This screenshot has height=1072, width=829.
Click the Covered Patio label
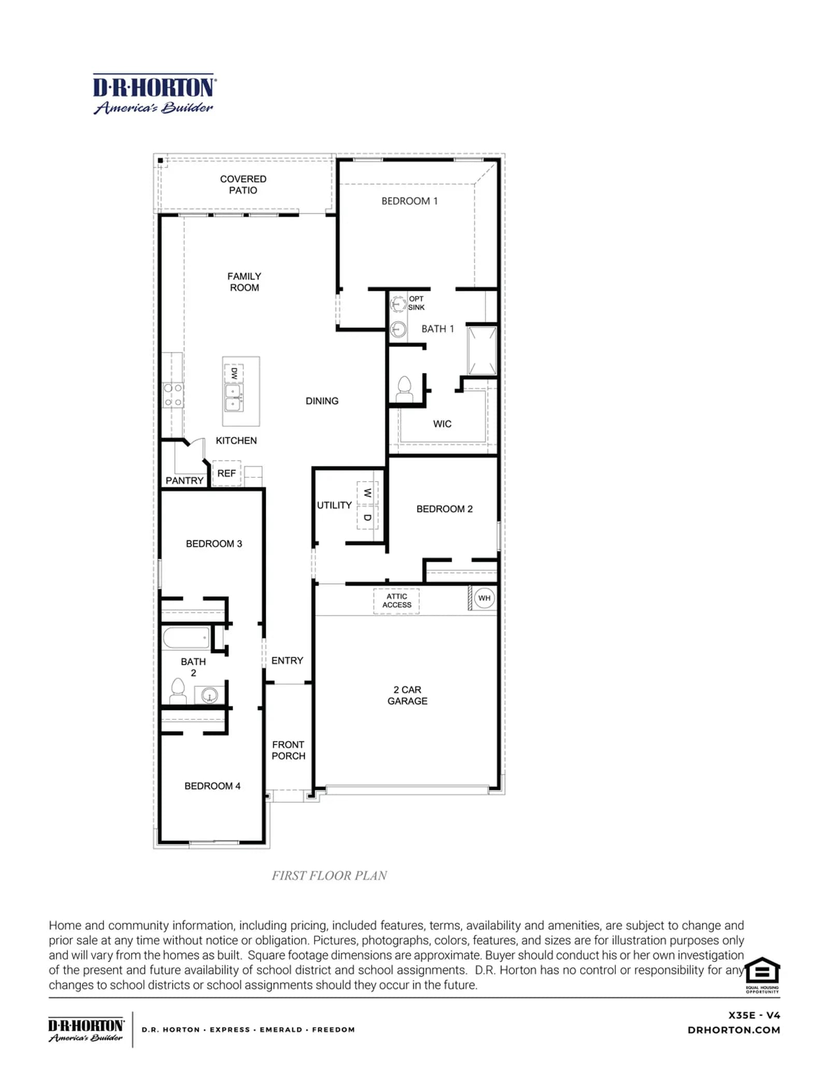[x=243, y=184]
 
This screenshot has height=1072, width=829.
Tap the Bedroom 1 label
[x=409, y=201]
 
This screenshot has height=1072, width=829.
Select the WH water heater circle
[x=484, y=598]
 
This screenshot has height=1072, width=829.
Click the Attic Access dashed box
[x=396, y=601]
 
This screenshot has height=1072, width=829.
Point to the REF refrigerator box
[x=226, y=473]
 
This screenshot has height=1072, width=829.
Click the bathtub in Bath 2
[x=187, y=638]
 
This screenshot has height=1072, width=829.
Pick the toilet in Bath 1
[x=404, y=389]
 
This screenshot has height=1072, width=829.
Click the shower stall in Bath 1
[x=482, y=350]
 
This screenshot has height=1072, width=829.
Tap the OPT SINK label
[x=416, y=303]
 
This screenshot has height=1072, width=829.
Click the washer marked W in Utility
[x=367, y=492]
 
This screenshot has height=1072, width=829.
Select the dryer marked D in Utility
[x=367, y=517]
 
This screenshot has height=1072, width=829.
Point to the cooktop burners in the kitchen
[x=173, y=395]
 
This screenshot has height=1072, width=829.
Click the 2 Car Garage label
[x=407, y=695]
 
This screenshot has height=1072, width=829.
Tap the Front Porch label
[x=289, y=750]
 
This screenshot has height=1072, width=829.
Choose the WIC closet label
[x=442, y=424]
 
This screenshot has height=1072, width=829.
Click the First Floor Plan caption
[x=329, y=875]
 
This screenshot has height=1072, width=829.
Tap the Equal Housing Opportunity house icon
[x=762, y=970]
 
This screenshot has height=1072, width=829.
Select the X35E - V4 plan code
[x=754, y=1015]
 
